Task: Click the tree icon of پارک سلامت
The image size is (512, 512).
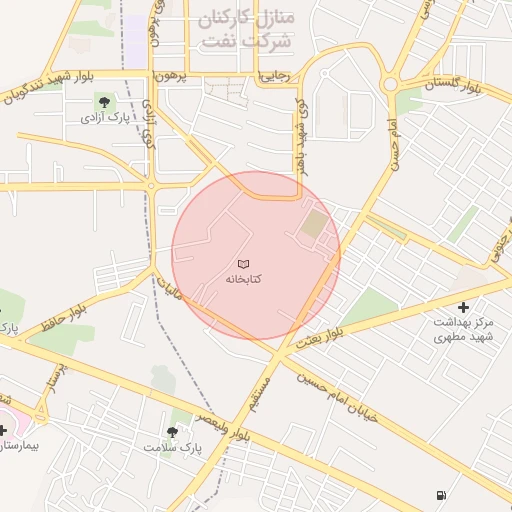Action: pos(174,431)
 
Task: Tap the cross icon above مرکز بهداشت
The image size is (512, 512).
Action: pos(462,307)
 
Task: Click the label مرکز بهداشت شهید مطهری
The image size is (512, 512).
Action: pos(463,330)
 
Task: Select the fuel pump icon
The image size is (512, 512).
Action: pos(442,494)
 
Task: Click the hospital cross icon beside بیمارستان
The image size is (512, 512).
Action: pos(4,431)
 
